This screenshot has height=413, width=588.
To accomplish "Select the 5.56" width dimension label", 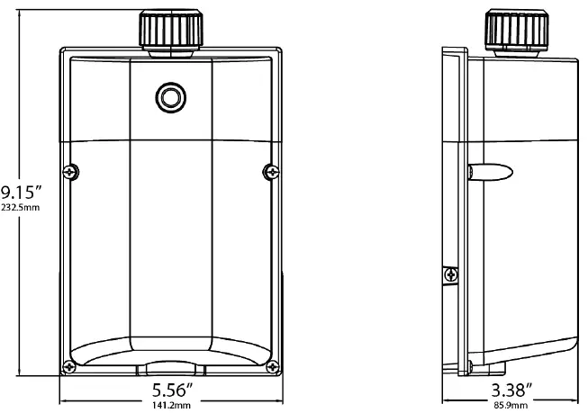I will click(169, 391).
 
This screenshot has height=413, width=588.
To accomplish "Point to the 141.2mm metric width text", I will click(169, 406).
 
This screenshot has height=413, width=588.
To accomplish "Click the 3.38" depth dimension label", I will click(511, 391).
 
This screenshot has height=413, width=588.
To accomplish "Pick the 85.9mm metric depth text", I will click(511, 406).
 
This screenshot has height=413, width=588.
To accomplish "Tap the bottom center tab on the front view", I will click(169, 368).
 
